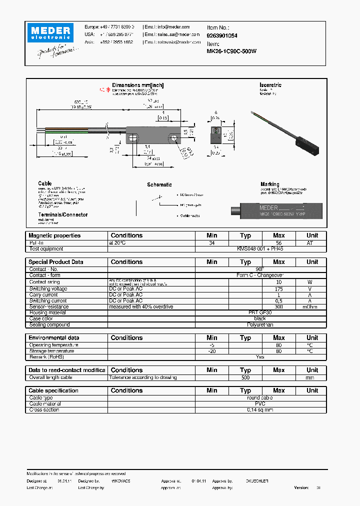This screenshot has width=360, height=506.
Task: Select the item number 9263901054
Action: click(x=222, y=36)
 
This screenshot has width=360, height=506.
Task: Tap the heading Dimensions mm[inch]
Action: click(x=137, y=85)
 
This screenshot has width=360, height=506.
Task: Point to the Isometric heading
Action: click(x=270, y=85)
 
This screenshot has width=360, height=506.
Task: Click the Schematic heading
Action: click(x=159, y=184)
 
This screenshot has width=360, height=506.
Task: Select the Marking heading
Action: click(x=270, y=184)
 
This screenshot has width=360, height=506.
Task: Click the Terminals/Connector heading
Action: click(x=63, y=214)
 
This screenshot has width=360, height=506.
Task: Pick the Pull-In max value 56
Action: click(x=278, y=242)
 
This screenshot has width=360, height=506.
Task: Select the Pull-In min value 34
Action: click(x=212, y=242)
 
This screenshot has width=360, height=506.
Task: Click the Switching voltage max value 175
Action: click(x=278, y=289)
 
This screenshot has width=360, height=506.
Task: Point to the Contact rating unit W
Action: click(x=312, y=282)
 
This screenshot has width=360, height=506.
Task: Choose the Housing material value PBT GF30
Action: click(x=260, y=312)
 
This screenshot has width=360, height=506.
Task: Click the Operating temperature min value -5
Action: click(x=212, y=345)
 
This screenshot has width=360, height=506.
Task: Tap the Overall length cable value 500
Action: click(x=245, y=377)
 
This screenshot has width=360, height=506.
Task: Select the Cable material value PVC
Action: click(x=260, y=404)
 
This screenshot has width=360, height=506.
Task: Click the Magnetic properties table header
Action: click(x=54, y=235)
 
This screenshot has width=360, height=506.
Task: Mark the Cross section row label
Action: click(x=44, y=410)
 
